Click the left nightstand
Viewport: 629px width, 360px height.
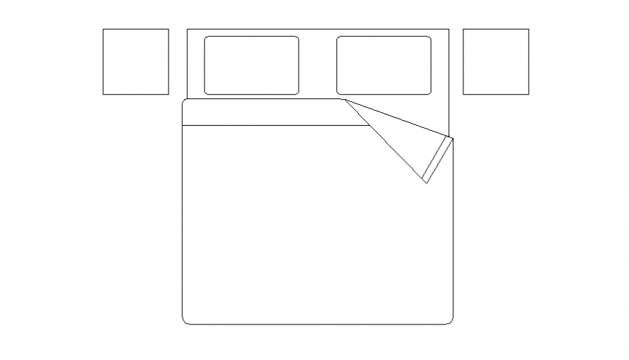tap(135, 61)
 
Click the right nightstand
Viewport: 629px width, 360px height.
tap(495, 61)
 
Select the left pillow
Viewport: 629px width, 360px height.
tap(251, 65)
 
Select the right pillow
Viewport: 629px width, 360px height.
tap(383, 65)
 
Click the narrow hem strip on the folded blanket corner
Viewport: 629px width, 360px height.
tap(439, 160)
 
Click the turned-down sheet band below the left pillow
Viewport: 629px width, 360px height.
tap(275, 112)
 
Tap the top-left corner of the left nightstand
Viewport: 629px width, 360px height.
tap(103, 29)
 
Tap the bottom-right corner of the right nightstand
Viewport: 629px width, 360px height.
tap(529, 94)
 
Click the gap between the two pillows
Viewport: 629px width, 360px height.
tap(317, 65)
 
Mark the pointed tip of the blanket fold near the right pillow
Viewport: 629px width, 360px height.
tap(343, 100)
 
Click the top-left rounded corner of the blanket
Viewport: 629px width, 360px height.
tap(184, 102)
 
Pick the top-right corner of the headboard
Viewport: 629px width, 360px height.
tap(448, 29)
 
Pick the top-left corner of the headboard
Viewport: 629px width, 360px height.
tap(187, 29)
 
